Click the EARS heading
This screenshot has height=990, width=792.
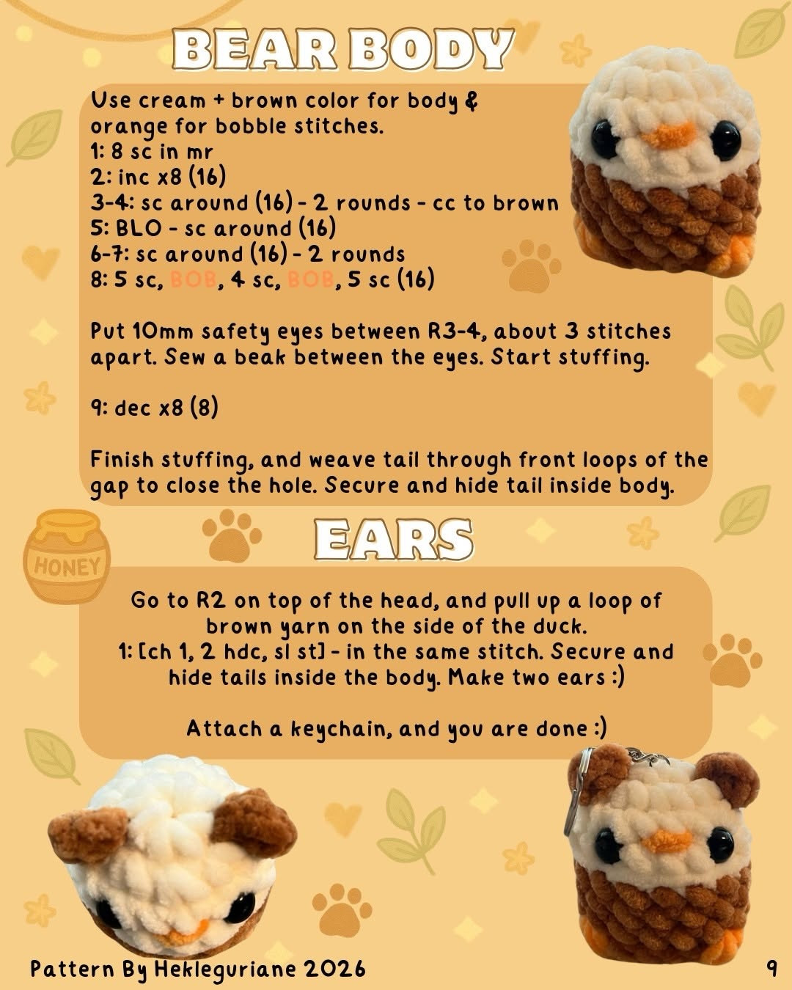(x=393, y=540)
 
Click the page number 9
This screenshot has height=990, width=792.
(x=771, y=969)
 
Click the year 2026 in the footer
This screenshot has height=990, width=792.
(x=334, y=969)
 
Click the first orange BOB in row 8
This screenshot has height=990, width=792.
(x=193, y=279)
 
